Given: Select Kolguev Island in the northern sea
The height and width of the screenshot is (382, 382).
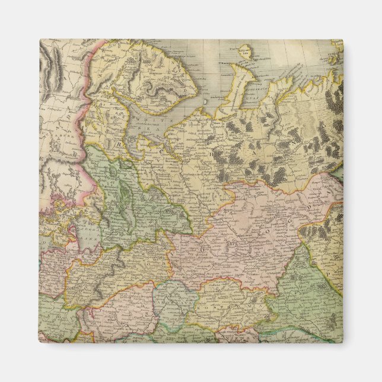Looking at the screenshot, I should [x=249, y=52].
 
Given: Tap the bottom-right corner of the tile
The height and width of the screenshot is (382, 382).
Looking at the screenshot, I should [x=343, y=343].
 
